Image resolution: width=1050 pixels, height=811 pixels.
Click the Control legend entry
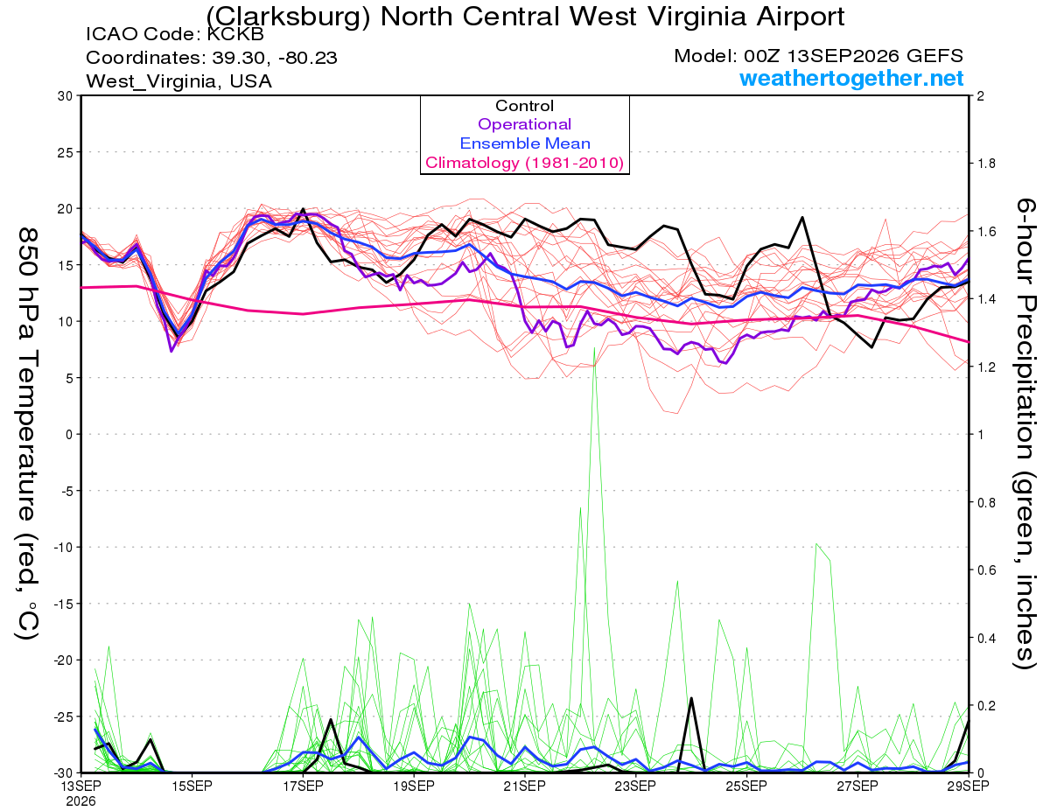click(524, 106)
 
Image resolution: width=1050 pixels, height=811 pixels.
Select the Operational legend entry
click(524, 124)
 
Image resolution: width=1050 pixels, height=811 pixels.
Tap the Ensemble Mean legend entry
click(525, 143)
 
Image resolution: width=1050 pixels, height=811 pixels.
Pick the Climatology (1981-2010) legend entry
click(524, 163)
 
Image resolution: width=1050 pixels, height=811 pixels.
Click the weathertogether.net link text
click(851, 78)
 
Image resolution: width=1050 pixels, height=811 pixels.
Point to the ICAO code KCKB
click(235, 34)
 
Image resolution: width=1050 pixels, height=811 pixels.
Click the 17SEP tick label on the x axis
click(303, 786)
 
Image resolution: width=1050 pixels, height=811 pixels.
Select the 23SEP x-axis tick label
click(635, 786)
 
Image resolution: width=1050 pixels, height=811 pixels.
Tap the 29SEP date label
click(968, 786)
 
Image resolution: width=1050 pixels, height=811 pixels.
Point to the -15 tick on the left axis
click(63, 604)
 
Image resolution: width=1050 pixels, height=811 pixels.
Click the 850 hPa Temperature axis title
click(27, 433)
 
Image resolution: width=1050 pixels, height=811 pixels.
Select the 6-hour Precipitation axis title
click(1025, 433)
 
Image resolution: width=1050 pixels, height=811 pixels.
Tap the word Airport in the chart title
click(800, 17)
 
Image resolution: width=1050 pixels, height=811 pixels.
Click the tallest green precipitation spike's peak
click(594, 347)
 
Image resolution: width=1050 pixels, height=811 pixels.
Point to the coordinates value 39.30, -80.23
click(275, 58)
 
